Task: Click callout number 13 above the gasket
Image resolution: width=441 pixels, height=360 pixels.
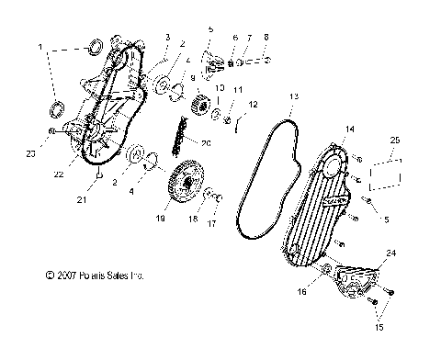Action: coord(292,96)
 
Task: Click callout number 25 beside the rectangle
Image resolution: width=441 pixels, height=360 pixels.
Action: coord(395,140)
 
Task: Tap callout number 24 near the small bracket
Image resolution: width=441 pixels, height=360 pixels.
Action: coord(390,252)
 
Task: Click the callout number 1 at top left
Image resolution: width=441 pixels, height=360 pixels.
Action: coord(40,44)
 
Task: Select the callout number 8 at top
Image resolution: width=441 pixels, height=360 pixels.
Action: coord(266,37)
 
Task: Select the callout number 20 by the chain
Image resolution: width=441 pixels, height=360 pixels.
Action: coord(205,142)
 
